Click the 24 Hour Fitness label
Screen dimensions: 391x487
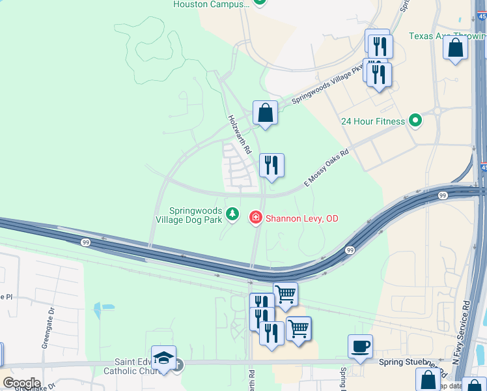[x=373, y=121]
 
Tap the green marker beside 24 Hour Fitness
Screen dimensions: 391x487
[x=413, y=121]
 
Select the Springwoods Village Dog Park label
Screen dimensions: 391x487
[x=195, y=215]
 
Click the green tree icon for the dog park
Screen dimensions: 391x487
[x=232, y=214]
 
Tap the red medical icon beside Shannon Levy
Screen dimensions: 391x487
[x=255, y=217]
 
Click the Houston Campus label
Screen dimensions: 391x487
[x=211, y=5]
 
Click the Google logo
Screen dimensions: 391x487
[x=21, y=383]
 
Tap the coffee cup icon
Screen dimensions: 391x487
[x=360, y=346]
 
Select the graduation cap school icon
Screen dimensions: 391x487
[x=163, y=357]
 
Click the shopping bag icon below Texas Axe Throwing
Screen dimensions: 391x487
[x=455, y=48]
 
